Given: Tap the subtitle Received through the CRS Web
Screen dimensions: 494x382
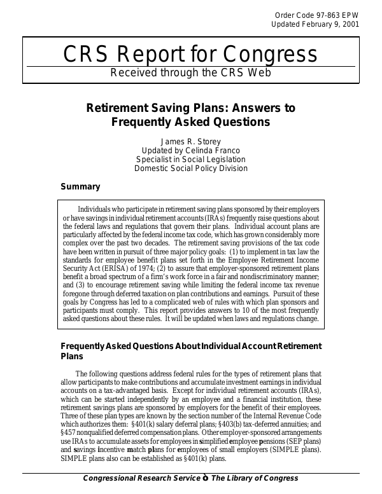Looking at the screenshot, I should coord(191,72).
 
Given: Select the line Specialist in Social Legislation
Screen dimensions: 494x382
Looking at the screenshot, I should coord(191,159).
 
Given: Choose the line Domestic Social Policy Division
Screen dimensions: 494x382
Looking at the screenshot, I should coord(191,168).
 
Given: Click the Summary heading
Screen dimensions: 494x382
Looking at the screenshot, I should coord(80,187).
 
